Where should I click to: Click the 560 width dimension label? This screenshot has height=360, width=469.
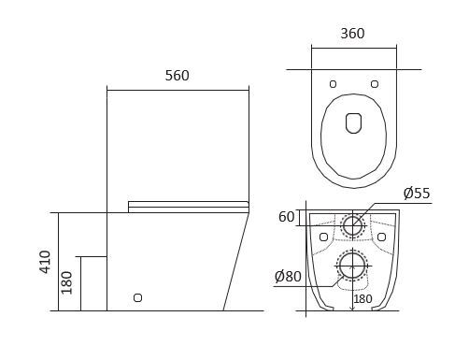(177, 76)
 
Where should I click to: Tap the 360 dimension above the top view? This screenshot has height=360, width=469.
(352, 34)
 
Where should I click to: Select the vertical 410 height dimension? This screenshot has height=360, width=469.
(45, 262)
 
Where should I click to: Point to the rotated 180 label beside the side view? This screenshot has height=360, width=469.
(66, 282)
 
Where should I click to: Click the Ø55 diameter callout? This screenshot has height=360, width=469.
(417, 194)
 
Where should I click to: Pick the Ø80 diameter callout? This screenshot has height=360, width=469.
(288, 277)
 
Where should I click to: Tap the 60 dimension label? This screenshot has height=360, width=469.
(286, 217)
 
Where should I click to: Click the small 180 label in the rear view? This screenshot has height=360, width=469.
(362, 299)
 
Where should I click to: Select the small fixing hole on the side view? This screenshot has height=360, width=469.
(137, 297)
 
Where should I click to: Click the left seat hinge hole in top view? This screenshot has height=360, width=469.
(333, 84)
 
